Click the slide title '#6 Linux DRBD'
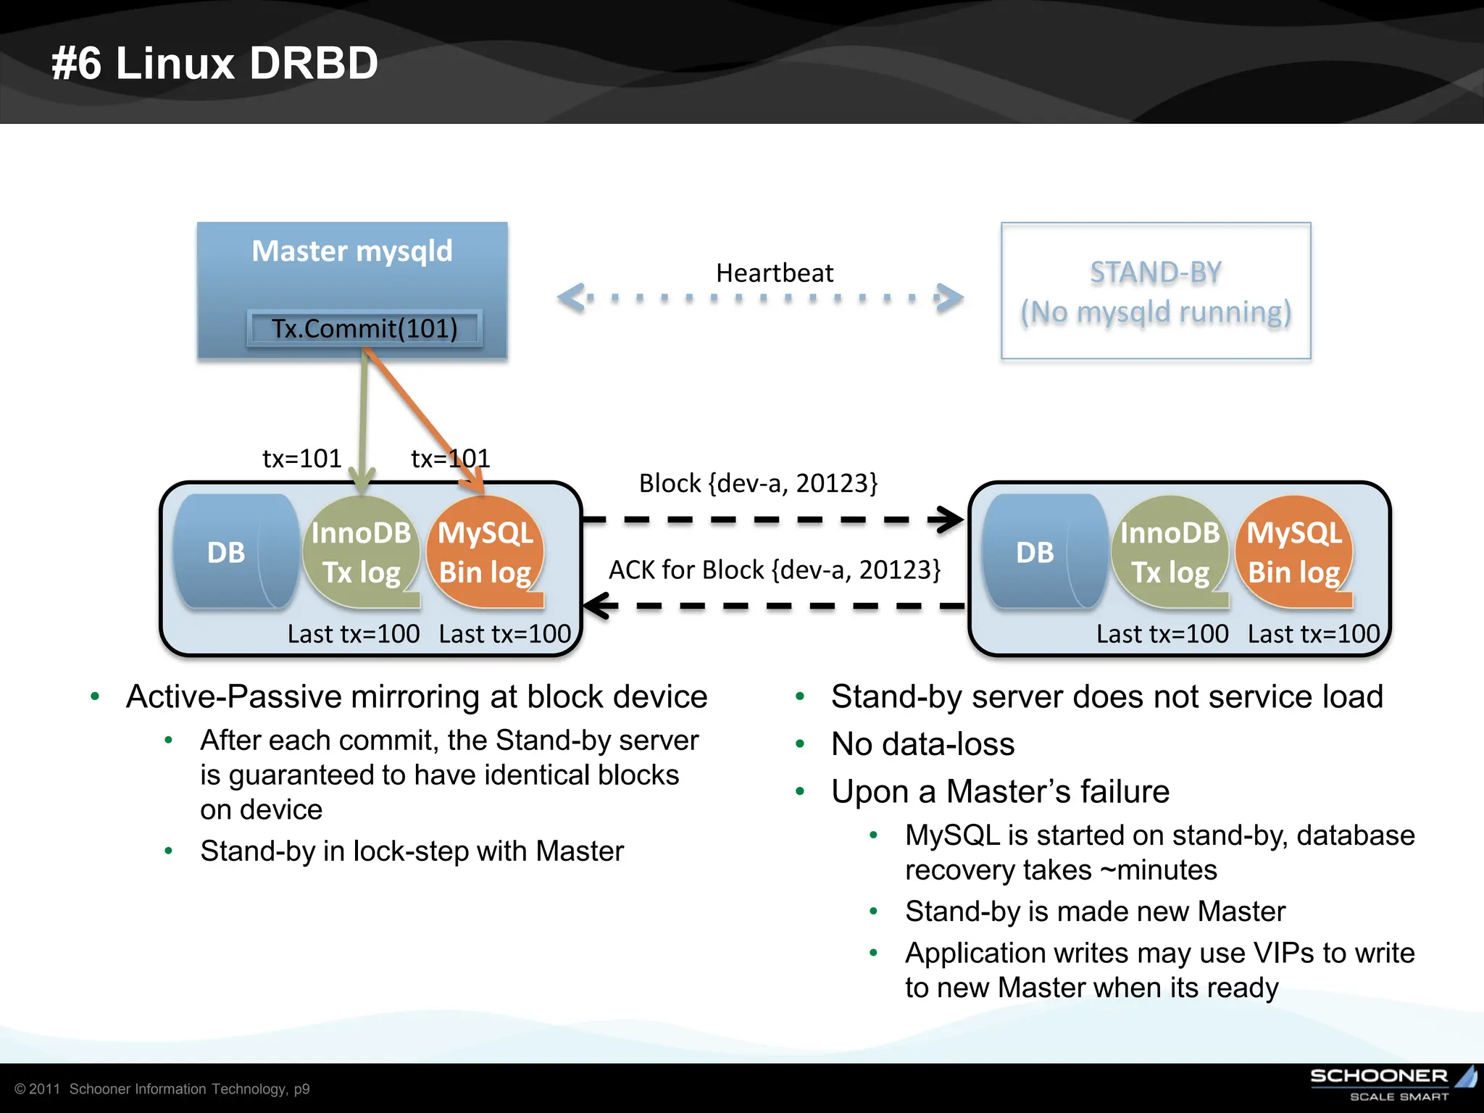pyautogui.click(x=214, y=63)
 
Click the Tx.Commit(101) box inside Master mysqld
pyautogui.click(x=364, y=328)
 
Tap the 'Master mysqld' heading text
pyautogui.click(x=352, y=251)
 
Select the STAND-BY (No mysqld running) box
pyautogui.click(x=1156, y=291)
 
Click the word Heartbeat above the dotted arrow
pyautogui.click(x=774, y=273)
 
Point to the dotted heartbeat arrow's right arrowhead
pyautogui.click(x=950, y=297)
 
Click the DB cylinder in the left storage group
pyautogui.click(x=232, y=552)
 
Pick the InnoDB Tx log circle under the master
pyautogui.click(x=361, y=552)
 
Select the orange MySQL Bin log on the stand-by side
pyautogui.click(x=1294, y=552)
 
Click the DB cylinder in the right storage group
pyautogui.click(x=1041, y=552)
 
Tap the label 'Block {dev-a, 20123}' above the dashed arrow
pyautogui.click(x=758, y=483)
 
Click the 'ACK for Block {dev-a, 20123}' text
pyautogui.click(x=774, y=570)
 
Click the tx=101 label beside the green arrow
pyautogui.click(x=301, y=459)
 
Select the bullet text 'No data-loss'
pyautogui.click(x=922, y=744)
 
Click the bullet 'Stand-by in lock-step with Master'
pyautogui.click(x=412, y=851)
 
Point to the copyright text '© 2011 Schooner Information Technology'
pyautogui.click(x=162, y=1089)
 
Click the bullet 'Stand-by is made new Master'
pyautogui.click(x=1095, y=912)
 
